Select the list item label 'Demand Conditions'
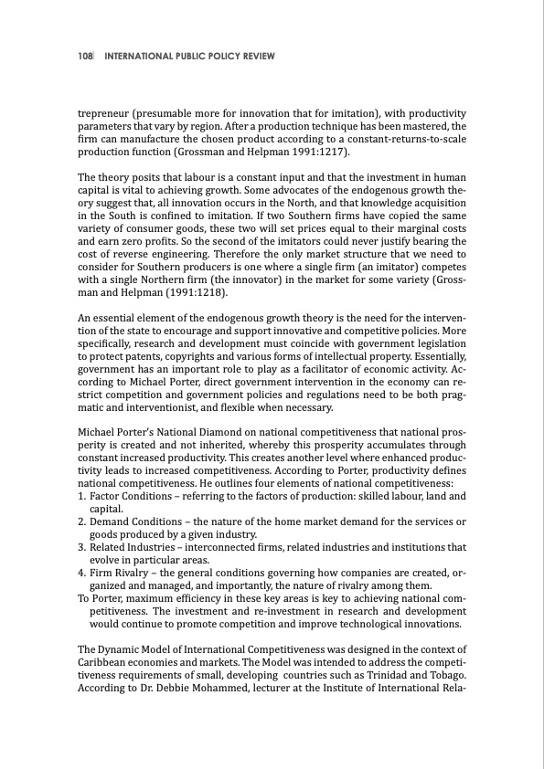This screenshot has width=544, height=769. tap(136, 521)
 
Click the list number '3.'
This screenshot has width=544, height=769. tap(82, 547)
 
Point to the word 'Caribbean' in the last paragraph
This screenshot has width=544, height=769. tap(107, 661)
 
